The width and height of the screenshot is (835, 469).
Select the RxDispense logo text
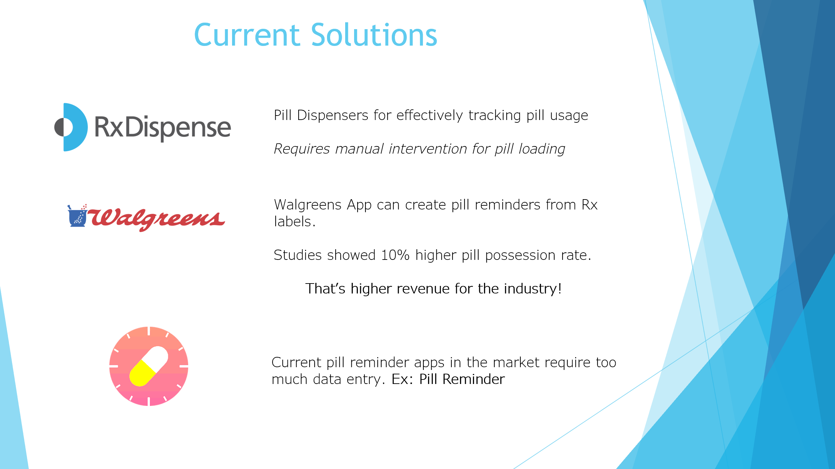pyautogui.click(x=163, y=128)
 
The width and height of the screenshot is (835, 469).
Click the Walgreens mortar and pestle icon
pyautogui.click(x=77, y=216)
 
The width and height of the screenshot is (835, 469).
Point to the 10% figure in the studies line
pyautogui.click(x=395, y=255)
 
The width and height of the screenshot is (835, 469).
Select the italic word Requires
pyautogui.click(x=302, y=149)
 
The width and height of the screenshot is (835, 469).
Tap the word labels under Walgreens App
pyautogui.click(x=294, y=221)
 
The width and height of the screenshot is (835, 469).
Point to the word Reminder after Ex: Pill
pyautogui.click(x=473, y=379)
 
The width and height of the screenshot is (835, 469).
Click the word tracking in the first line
pyautogui.click(x=495, y=116)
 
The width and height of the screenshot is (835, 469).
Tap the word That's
pyautogui.click(x=325, y=289)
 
